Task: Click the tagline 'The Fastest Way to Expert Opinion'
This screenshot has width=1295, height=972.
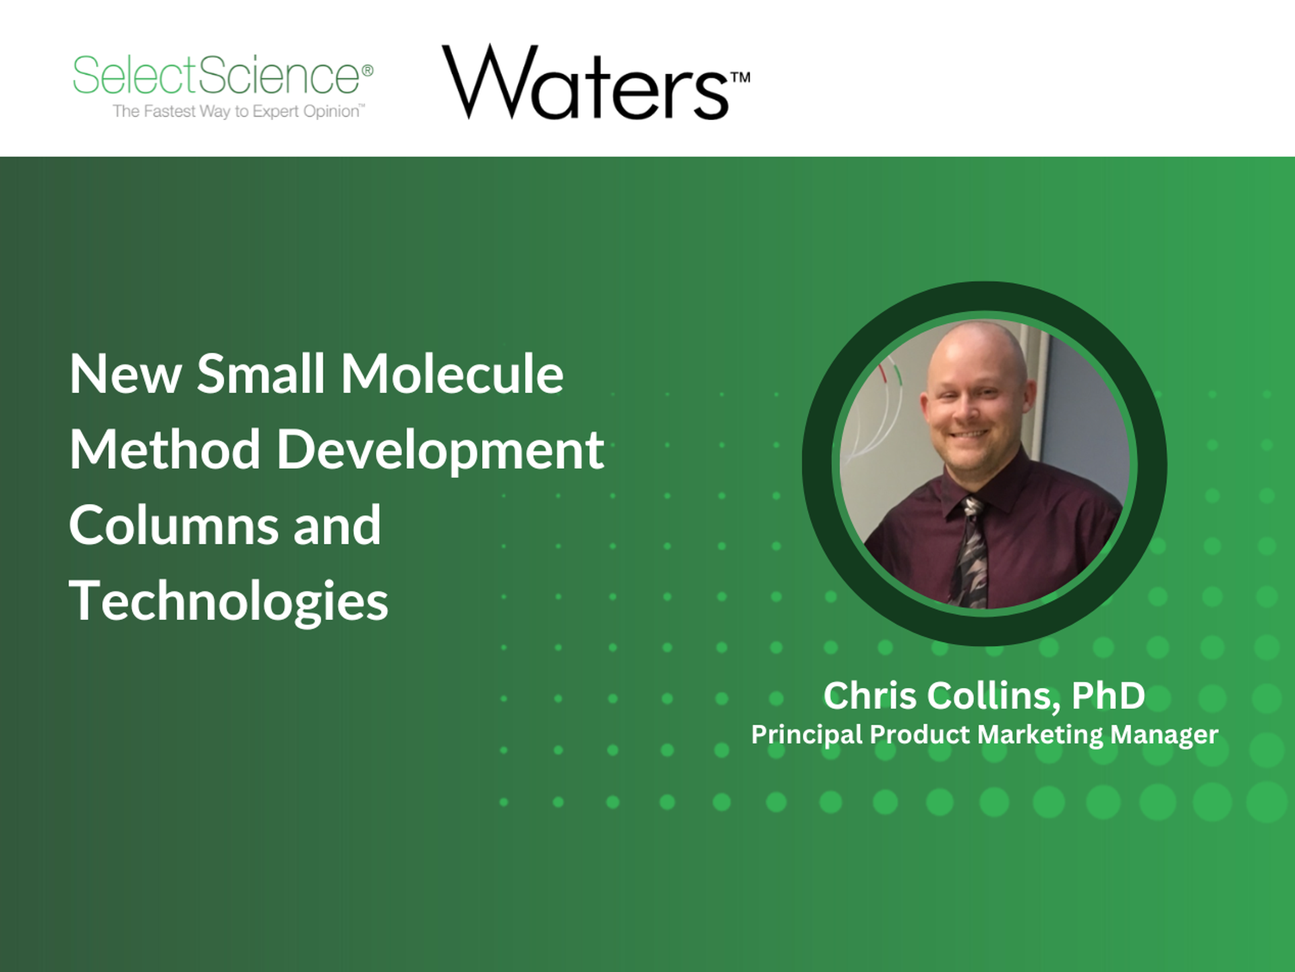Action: pos(237,111)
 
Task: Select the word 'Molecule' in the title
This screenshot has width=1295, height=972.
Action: pos(451,374)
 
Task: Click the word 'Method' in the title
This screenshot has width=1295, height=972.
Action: pos(165,450)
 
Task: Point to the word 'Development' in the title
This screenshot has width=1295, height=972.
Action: pos(440,451)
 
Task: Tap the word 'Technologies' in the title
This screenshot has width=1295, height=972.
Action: pos(229,601)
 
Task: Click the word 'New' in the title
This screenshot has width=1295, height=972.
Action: pos(125,374)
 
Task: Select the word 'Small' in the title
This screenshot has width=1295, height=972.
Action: pos(260,374)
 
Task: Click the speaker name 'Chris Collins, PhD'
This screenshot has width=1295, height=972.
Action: pos(983,696)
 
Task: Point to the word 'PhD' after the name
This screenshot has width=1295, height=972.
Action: pos(1108,696)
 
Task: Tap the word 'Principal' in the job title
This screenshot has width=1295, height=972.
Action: pos(807,734)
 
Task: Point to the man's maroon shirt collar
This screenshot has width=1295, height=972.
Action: pos(998,493)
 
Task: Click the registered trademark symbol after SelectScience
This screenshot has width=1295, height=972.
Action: pos(368,70)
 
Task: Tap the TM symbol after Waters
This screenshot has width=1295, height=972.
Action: pos(740,78)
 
